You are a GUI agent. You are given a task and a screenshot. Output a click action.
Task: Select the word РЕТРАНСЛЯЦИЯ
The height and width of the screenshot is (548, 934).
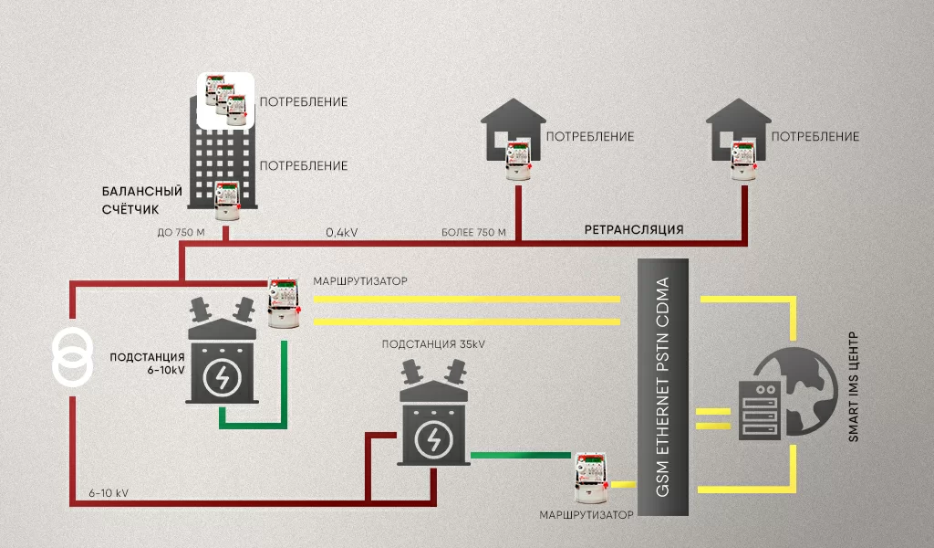coord(633,229)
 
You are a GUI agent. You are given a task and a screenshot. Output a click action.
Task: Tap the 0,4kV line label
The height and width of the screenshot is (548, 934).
coord(342,233)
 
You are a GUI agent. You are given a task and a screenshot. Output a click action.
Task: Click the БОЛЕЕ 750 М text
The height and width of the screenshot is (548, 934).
coord(472,233)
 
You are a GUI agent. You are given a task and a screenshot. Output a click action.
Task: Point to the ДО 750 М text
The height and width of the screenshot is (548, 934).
coord(182,233)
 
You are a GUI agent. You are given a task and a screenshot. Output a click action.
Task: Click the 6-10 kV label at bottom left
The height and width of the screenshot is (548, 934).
coord(109,493)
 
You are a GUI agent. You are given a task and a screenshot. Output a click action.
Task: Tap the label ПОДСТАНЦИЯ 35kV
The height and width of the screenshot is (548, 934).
coord(434,344)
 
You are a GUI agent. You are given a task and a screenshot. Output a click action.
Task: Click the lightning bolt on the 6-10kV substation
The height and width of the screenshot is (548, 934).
coord(221,377)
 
